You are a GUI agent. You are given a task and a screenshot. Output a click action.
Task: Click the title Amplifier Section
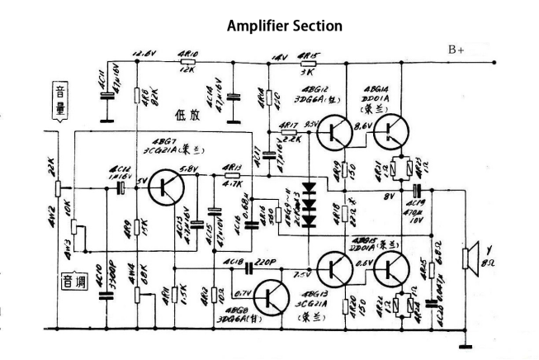coord(284,26)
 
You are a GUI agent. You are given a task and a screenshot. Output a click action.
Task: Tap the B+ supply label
coord(456,50)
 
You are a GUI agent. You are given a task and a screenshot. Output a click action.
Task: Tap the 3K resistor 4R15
coord(307,61)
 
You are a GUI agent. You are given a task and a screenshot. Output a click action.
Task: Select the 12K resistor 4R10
coord(187,60)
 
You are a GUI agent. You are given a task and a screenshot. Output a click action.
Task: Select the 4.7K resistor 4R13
coord(233,176)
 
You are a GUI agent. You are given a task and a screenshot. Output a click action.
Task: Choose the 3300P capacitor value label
coord(120,295)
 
